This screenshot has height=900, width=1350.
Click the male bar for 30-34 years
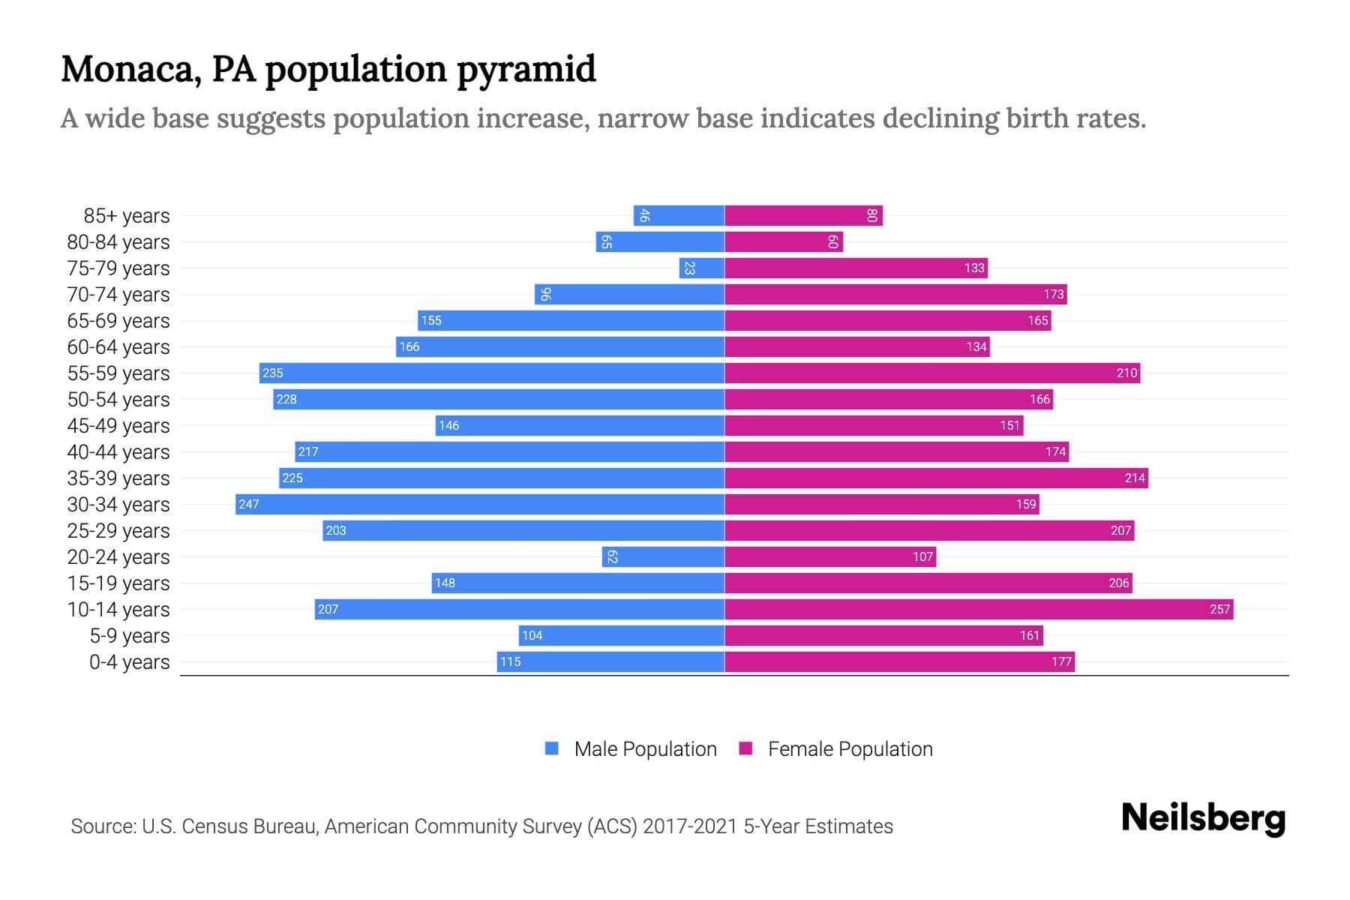pyautogui.click(x=480, y=504)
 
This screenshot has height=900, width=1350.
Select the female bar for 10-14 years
pyautogui.click(x=979, y=609)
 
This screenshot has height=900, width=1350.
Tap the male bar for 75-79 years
pyautogui.click(x=702, y=268)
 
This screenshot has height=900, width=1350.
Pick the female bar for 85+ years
pyautogui.click(x=803, y=215)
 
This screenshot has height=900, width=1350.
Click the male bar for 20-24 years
pyautogui.click(x=663, y=556)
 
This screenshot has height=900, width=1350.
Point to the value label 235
pyautogui.click(x=273, y=373)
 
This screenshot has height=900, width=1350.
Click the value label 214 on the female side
pyautogui.click(x=1135, y=478)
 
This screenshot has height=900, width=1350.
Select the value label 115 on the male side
pyautogui.click(x=511, y=661)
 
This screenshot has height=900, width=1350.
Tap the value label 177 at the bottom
pyautogui.click(x=1061, y=661)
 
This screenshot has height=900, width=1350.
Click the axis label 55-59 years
pyautogui.click(x=118, y=373)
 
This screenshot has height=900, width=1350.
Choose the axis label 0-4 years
pyautogui.click(x=129, y=661)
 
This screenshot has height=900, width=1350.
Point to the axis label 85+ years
pyautogui.click(x=127, y=215)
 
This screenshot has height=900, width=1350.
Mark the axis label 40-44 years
pyautogui.click(x=118, y=451)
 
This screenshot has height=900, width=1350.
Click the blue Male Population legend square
pyautogui.click(x=552, y=748)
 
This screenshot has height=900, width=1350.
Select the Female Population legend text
pyautogui.click(x=850, y=748)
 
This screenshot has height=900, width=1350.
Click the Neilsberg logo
pyautogui.click(x=1203, y=818)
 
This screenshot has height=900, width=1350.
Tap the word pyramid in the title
pyautogui.click(x=526, y=70)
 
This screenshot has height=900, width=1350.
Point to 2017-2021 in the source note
pyautogui.click(x=690, y=826)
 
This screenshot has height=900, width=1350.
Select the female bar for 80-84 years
pyautogui.click(x=784, y=241)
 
